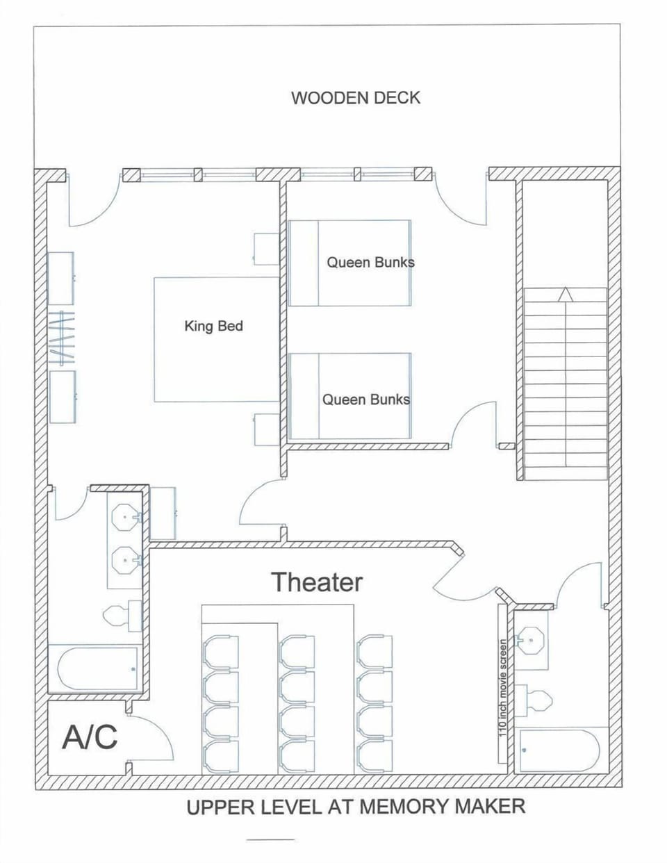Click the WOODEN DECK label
click(355, 97)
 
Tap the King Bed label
click(213, 326)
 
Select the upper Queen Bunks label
click(370, 263)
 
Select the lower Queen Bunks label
click(365, 400)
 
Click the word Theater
click(317, 582)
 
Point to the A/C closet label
click(90, 737)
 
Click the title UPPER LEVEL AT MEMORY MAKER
click(355, 807)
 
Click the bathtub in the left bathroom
click(97, 669)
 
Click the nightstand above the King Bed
click(266, 249)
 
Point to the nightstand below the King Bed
click(266, 429)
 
